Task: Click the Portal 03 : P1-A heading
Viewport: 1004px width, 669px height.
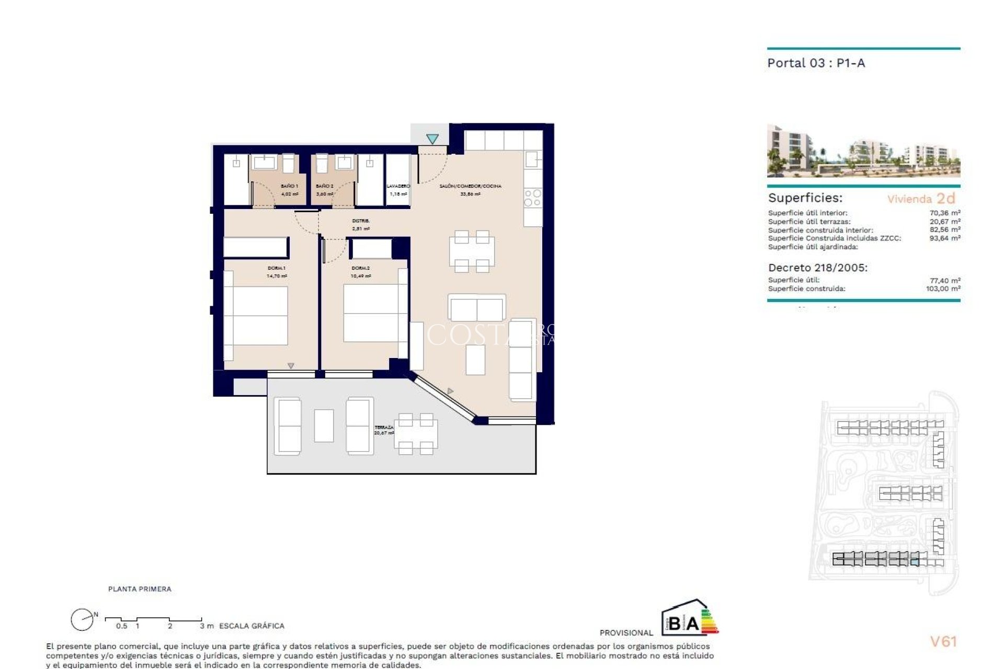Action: click(816, 63)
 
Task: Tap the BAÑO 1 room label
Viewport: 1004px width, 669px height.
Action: click(289, 186)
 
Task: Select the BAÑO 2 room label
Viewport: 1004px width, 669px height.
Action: click(324, 186)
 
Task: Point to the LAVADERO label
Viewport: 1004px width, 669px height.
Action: click(398, 186)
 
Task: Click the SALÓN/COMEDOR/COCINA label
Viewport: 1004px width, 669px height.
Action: click(470, 186)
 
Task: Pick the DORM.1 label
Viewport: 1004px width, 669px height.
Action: click(277, 268)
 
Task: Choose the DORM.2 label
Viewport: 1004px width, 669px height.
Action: click(361, 268)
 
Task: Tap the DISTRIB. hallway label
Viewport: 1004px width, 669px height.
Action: click(361, 221)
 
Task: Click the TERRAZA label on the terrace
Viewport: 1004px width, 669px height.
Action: click(384, 428)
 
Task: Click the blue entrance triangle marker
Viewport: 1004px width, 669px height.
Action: click(432, 139)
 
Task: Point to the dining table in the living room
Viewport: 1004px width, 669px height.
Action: click(472, 251)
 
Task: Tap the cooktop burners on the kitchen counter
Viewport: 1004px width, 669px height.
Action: click(533, 198)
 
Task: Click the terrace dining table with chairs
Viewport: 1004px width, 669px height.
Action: click(416, 434)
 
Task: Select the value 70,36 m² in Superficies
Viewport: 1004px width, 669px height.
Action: click(944, 213)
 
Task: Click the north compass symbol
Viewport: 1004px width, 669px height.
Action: click(83, 620)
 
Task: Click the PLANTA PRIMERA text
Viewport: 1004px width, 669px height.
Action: click(140, 589)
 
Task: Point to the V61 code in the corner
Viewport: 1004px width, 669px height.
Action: click(943, 642)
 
